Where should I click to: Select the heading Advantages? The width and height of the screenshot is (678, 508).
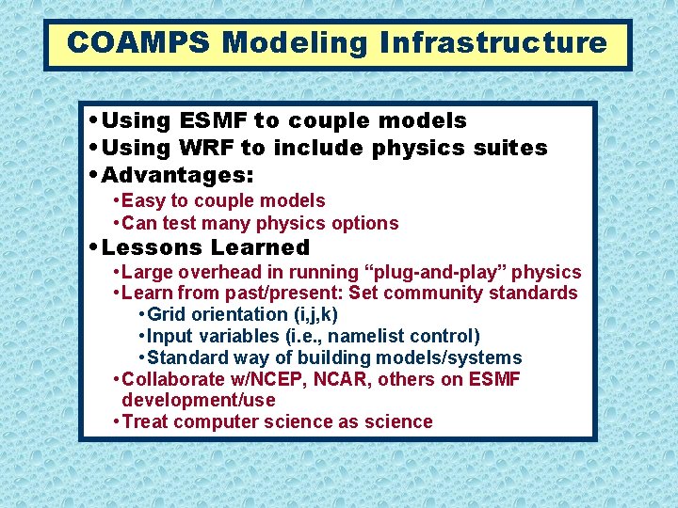pyautogui.click(x=178, y=175)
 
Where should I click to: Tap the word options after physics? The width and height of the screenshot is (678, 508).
pyautogui.click(x=362, y=223)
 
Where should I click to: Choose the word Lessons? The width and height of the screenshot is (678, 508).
pyautogui.click(x=152, y=248)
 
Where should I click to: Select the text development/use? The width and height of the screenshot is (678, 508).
pyautogui.click(x=199, y=400)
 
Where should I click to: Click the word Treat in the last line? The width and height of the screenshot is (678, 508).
pyautogui.click(x=146, y=421)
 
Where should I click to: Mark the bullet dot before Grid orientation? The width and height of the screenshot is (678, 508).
pyautogui.click(x=141, y=315)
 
